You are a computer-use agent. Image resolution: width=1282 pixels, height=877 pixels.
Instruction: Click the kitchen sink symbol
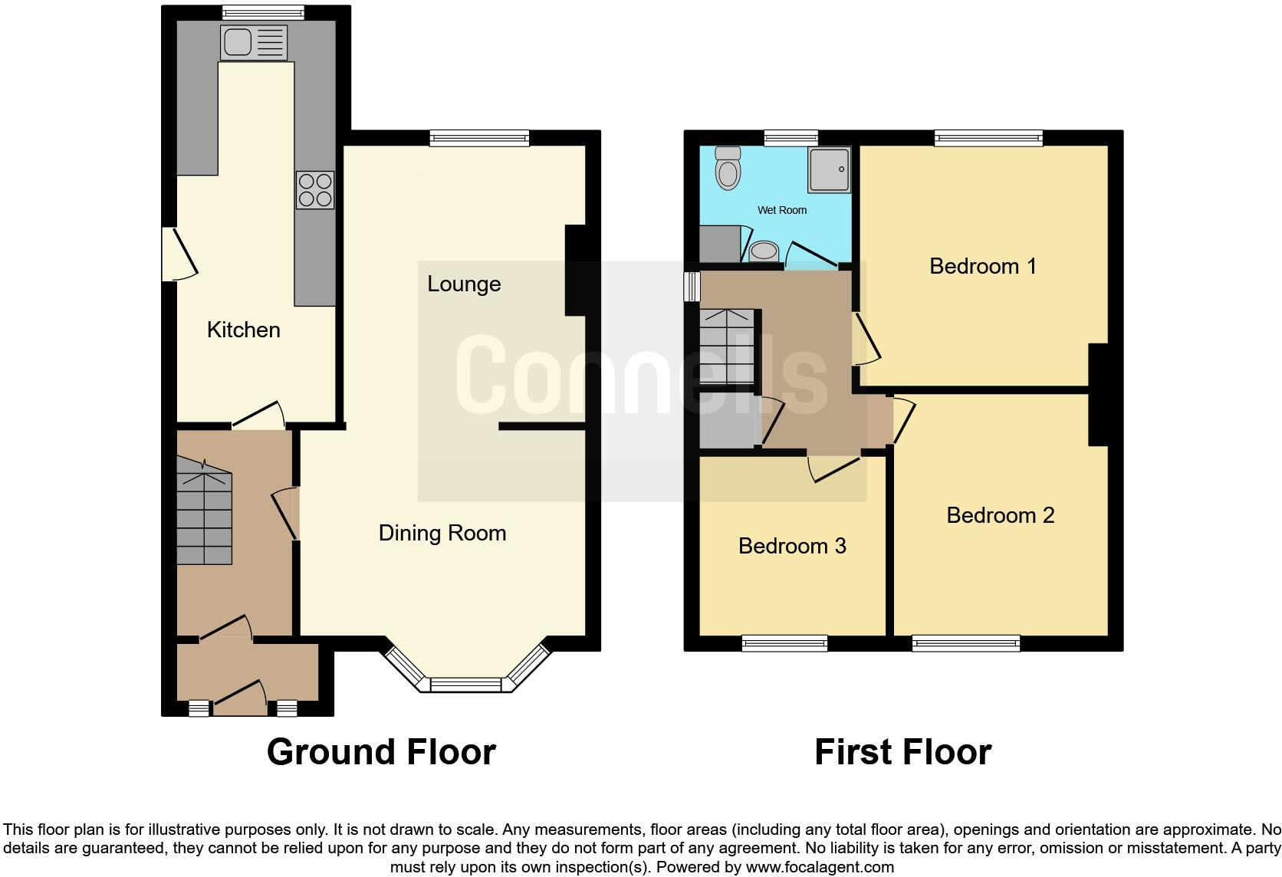tap(253, 42)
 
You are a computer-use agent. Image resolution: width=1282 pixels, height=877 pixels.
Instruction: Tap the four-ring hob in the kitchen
tap(315, 189)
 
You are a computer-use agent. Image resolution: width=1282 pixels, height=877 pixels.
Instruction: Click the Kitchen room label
tap(244, 330)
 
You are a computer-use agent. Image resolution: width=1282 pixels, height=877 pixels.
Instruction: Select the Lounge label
tap(464, 284)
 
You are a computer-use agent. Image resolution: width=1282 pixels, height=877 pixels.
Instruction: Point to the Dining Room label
tap(442, 533)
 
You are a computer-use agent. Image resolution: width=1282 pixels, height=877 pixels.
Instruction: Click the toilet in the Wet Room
tap(728, 168)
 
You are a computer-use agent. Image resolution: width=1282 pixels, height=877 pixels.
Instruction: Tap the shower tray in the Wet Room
tap(828, 169)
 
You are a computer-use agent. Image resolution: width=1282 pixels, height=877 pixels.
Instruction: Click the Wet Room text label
tap(782, 210)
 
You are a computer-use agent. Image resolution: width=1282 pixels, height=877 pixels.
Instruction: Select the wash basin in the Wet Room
tap(764, 251)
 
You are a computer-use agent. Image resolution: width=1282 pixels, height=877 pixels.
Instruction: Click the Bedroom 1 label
tap(983, 266)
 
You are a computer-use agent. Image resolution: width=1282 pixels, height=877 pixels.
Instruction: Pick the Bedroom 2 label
tap(1001, 515)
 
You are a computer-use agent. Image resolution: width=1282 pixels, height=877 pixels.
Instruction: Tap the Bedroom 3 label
tap(792, 546)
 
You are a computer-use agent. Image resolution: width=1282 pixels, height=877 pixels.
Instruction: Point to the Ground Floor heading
tap(381, 752)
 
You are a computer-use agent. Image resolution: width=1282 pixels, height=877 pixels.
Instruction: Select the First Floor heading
tap(902, 752)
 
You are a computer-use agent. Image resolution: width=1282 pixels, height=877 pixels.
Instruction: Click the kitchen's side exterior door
tap(178, 254)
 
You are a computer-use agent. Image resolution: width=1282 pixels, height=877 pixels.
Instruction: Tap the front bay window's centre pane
tap(465, 684)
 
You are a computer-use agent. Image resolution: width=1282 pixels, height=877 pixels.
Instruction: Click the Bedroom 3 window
tap(784, 643)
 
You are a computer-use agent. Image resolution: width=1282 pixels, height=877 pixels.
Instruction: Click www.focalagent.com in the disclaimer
tap(820, 868)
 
